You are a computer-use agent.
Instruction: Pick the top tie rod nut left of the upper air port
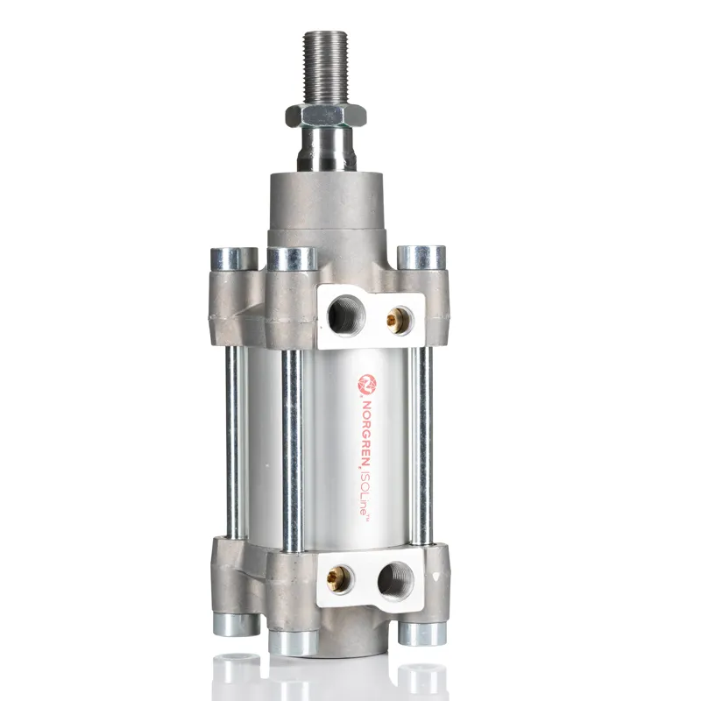pyautogui.click(x=291, y=260)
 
